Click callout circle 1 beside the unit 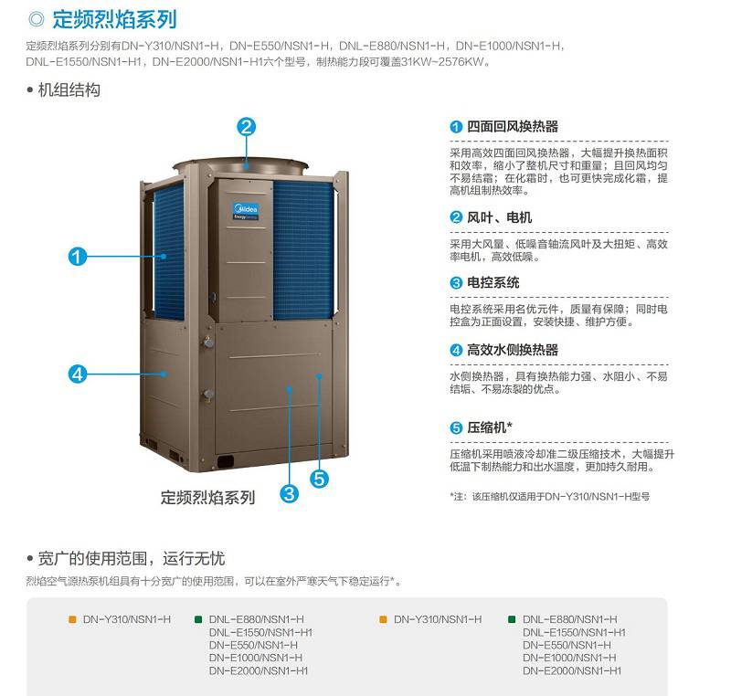(x=78, y=257)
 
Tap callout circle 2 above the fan (x=247, y=127)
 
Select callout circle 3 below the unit (x=289, y=493)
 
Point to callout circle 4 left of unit (x=78, y=374)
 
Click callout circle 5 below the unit (x=319, y=479)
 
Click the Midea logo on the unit (x=246, y=211)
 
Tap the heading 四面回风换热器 (x=513, y=126)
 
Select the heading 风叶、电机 (x=499, y=217)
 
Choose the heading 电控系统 (x=493, y=282)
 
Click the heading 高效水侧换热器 (x=513, y=350)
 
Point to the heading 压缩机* (x=490, y=427)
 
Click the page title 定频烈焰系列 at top (x=114, y=19)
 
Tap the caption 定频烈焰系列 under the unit (x=208, y=498)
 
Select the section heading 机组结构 (x=69, y=90)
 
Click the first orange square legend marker (x=72, y=619)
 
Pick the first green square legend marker (x=198, y=619)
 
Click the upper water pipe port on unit (x=207, y=343)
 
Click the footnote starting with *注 (x=550, y=497)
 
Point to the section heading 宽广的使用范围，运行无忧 (x=132, y=558)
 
